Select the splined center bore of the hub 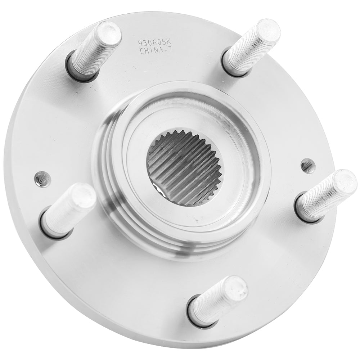[185, 168]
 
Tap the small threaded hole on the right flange [307, 166]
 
